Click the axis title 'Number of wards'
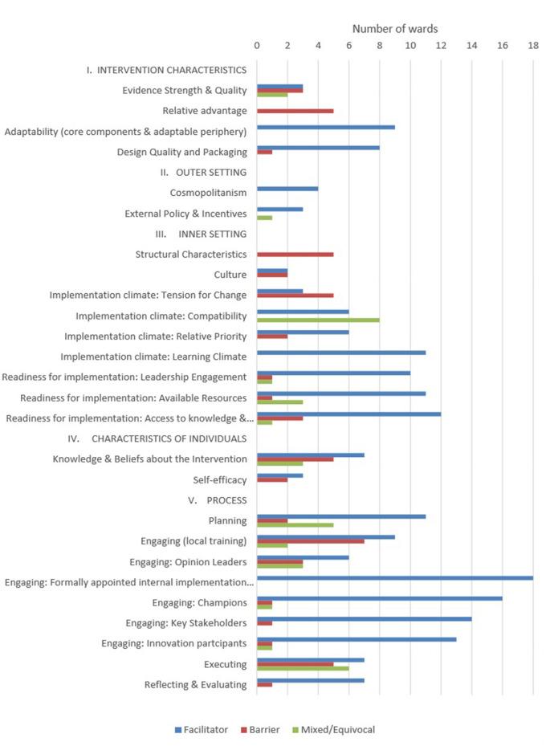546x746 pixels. point(395,29)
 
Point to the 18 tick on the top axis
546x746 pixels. point(532,46)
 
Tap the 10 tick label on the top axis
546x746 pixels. point(409,46)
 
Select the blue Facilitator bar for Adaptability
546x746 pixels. point(325,127)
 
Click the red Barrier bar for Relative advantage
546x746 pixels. point(295,111)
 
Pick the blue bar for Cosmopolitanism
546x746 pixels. point(287,189)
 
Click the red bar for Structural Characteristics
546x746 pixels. point(295,255)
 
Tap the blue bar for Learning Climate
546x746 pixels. point(341,353)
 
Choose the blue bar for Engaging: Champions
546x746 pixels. point(379,598)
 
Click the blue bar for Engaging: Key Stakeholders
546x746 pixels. point(364,619)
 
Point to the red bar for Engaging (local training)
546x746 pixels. point(310,541)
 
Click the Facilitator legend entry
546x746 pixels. point(202,730)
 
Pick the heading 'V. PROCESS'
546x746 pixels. point(216,500)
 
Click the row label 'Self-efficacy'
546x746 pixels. point(219,479)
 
